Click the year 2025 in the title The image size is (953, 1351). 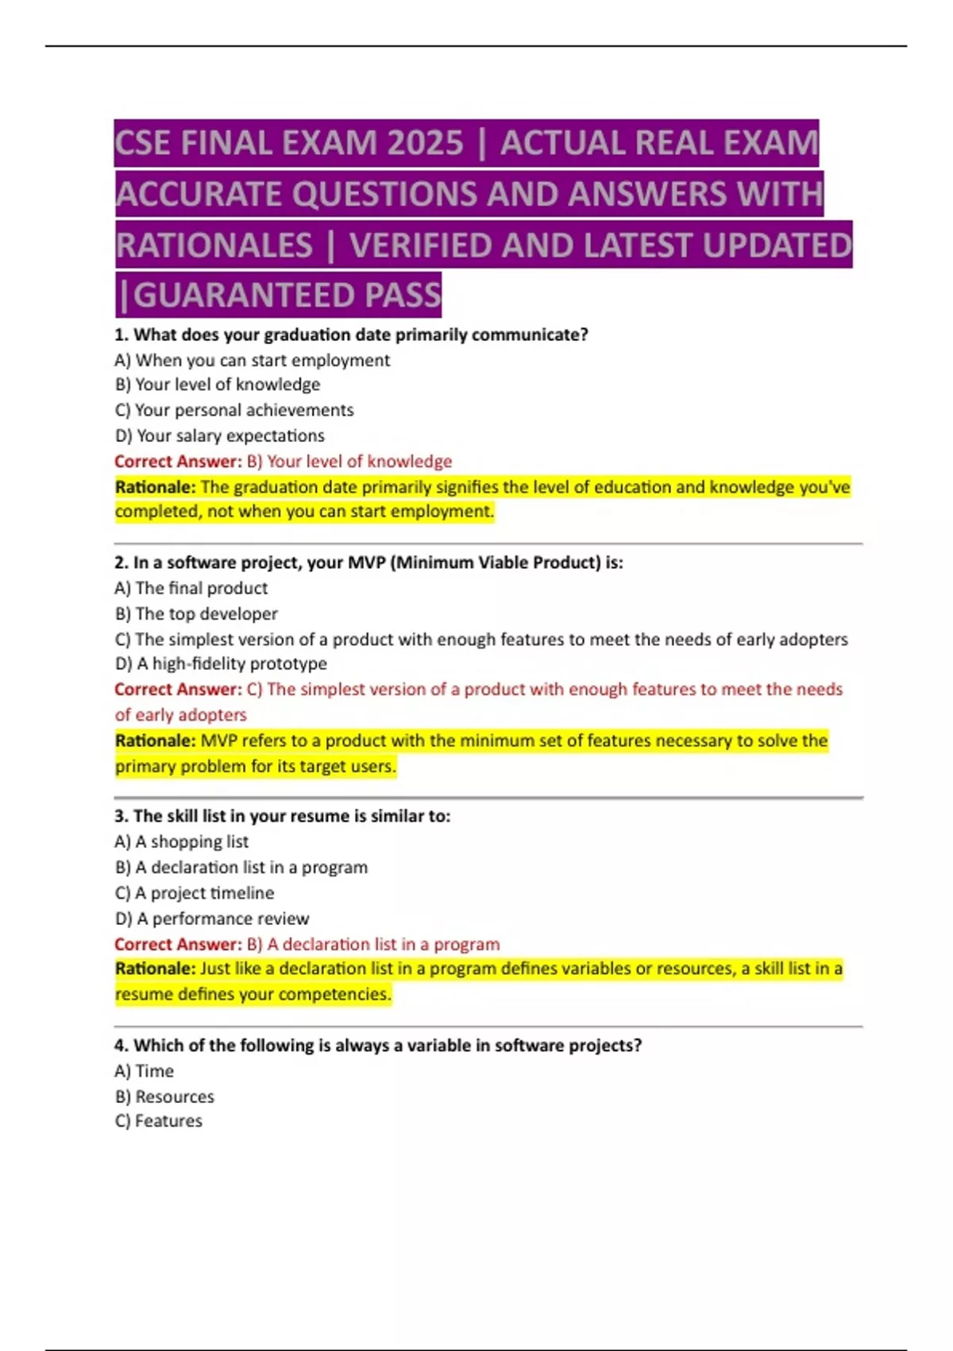point(426,144)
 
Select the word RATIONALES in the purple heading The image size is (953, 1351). point(214,246)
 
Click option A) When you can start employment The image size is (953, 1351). point(252,360)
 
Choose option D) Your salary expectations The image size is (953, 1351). point(219,435)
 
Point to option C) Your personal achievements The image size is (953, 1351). point(233,410)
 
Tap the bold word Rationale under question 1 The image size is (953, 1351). point(155,487)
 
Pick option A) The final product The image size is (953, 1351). point(191,588)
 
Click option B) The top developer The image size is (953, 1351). point(196,614)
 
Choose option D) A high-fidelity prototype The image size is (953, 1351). point(221,664)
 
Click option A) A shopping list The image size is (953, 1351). point(181,842)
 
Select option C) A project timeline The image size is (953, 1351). point(194,893)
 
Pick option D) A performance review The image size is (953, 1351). point(211,919)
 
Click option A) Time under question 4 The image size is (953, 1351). point(144,1071)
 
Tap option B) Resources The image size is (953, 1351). point(164,1097)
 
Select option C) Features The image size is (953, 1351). point(158,1121)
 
